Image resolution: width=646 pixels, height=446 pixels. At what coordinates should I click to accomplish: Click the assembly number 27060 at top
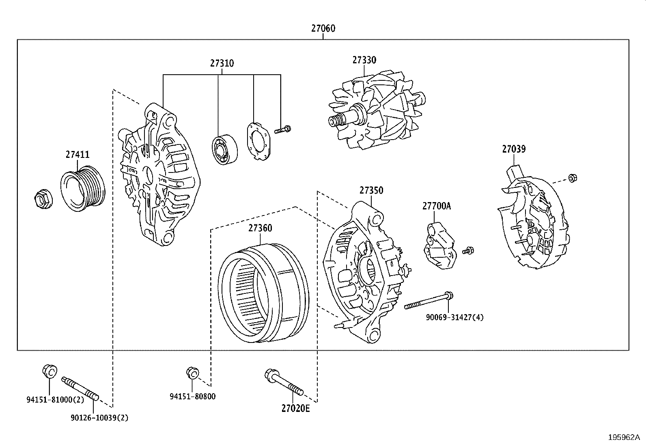[x=323, y=28]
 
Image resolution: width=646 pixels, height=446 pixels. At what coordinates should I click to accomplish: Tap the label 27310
[x=222, y=63]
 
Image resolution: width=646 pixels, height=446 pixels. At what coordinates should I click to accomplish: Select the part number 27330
[x=364, y=60]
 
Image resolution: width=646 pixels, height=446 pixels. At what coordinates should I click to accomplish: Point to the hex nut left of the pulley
[x=42, y=199]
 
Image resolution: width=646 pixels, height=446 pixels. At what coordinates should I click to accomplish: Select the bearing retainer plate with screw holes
[x=259, y=140]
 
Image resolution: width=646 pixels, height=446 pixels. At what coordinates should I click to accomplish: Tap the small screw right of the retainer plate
[x=283, y=130]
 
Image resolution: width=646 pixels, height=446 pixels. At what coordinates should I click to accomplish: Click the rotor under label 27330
[x=375, y=114]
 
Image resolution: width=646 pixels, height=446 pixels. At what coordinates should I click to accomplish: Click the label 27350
[x=371, y=190]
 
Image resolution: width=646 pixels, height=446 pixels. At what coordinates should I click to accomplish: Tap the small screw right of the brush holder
[x=469, y=250]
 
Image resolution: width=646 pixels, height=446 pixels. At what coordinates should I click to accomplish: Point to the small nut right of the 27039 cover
[x=573, y=177]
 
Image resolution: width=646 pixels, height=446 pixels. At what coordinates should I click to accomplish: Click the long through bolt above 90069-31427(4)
[x=429, y=302]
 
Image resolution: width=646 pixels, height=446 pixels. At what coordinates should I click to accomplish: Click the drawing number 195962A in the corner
[x=624, y=437]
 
